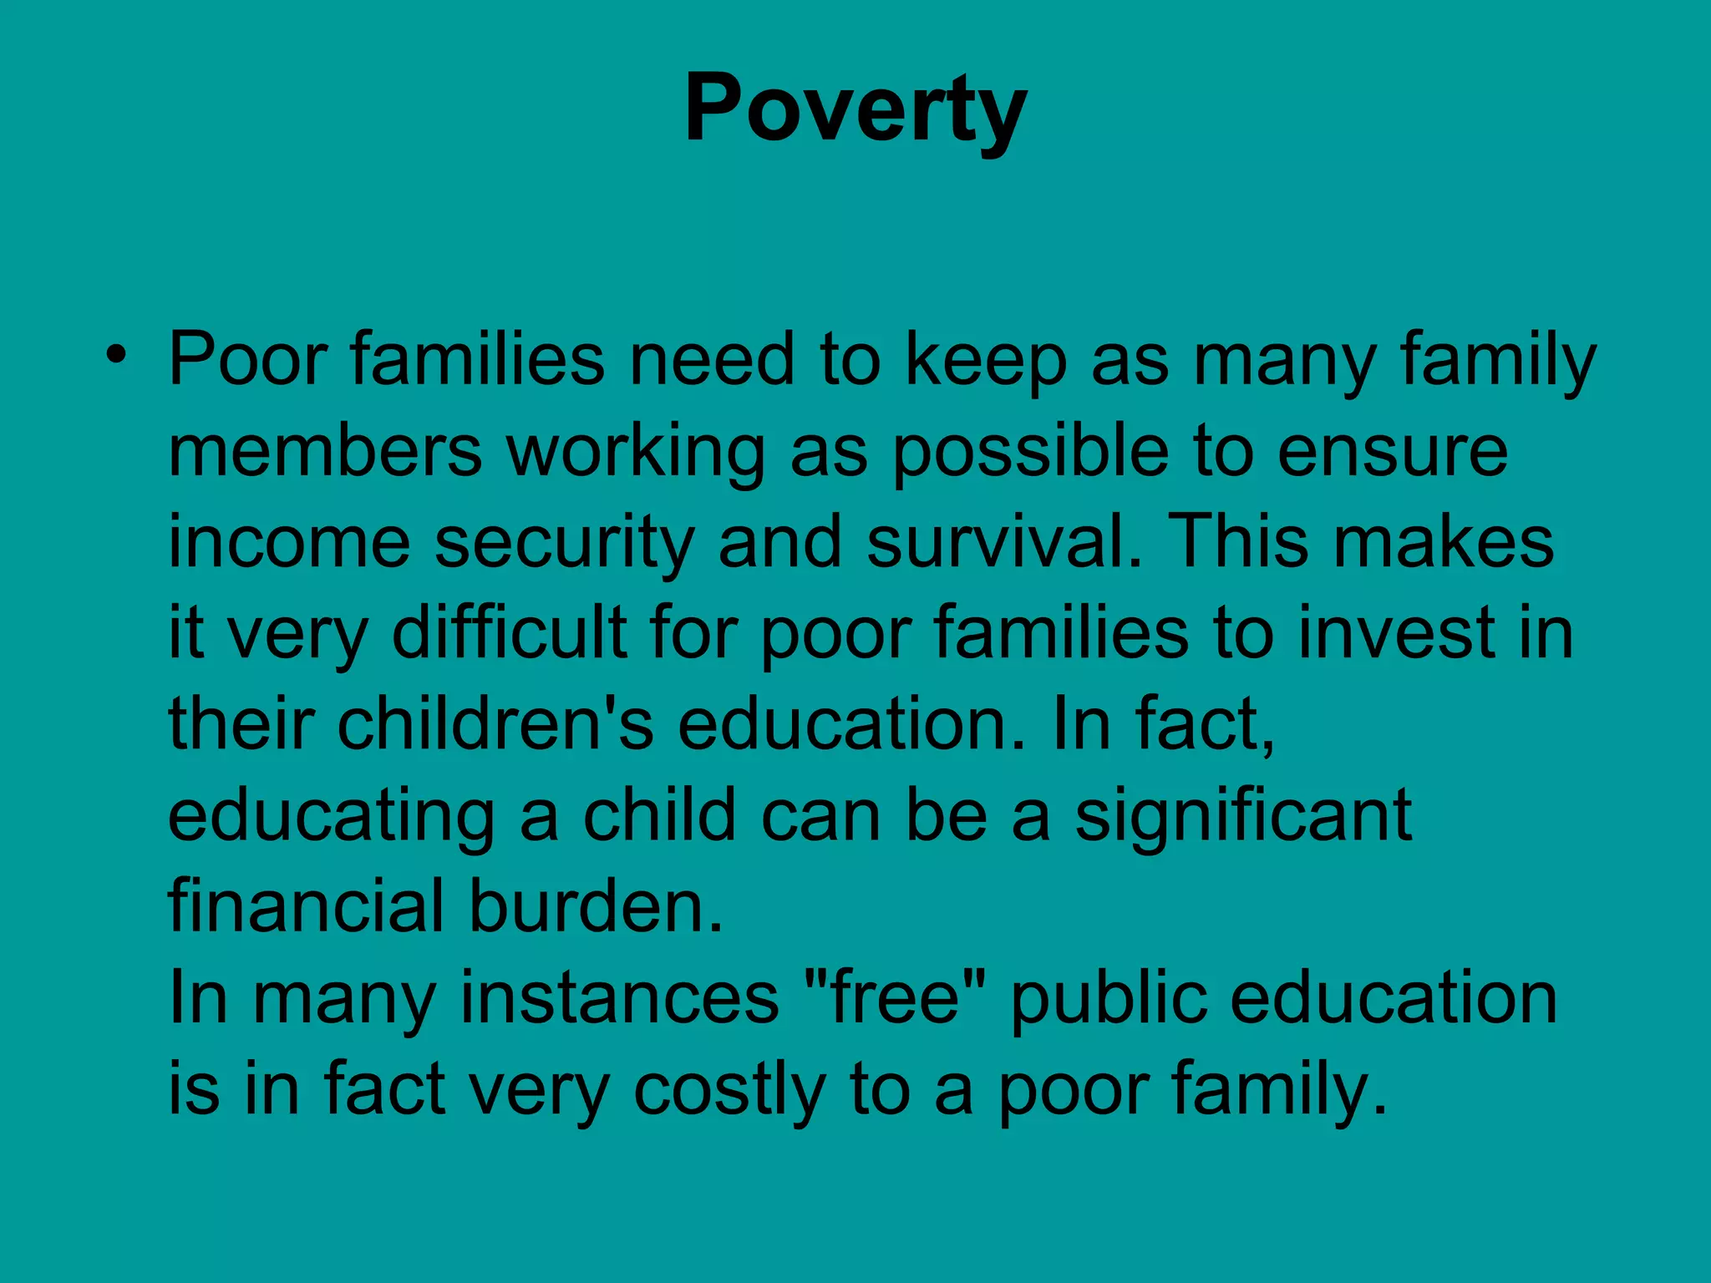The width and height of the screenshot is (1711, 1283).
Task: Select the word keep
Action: point(986,361)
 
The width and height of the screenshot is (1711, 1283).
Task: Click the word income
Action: point(289,543)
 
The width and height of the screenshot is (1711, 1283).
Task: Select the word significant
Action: point(1243,817)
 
